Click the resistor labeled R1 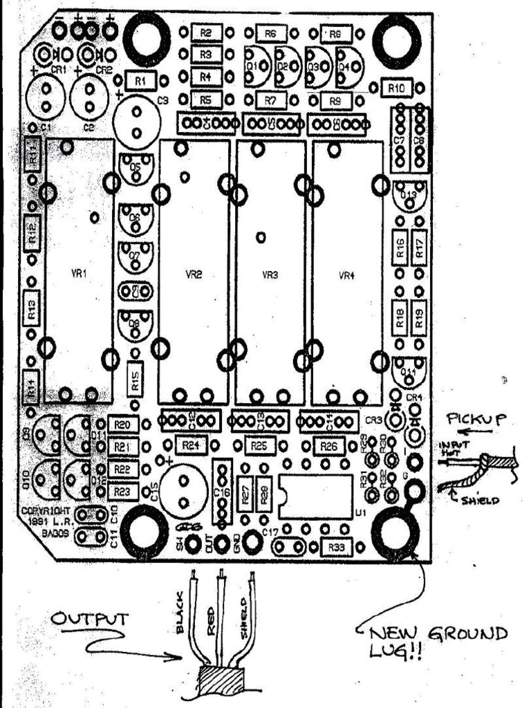point(142,81)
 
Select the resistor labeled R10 point(397,88)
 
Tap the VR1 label point(80,274)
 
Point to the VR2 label point(194,274)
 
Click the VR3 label point(270,274)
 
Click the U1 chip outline point(315,496)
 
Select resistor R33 point(337,548)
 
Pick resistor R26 point(330,447)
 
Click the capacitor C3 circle point(136,122)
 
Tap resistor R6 point(270,33)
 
